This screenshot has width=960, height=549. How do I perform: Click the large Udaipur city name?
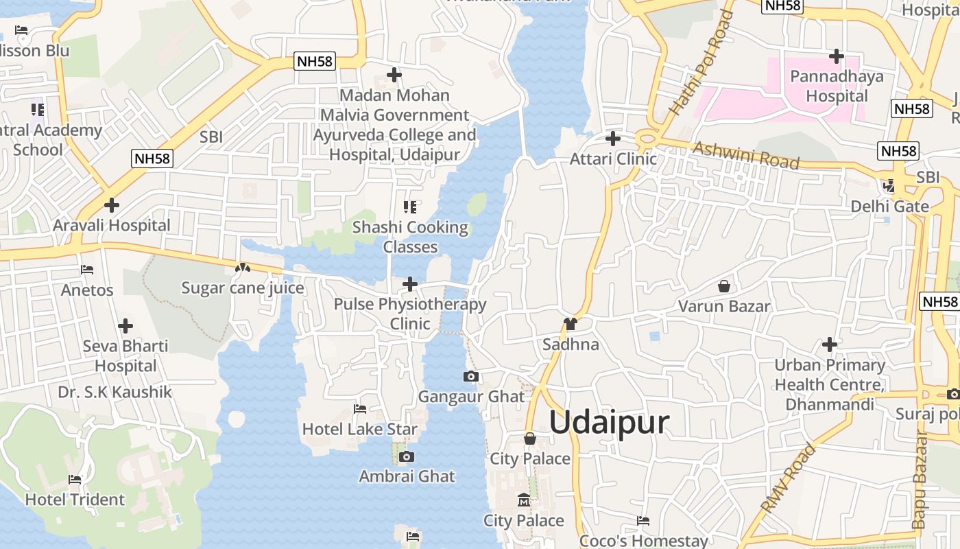tap(609, 422)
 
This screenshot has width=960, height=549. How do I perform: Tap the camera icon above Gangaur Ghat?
tap(471, 376)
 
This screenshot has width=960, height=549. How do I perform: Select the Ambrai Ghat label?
tap(407, 476)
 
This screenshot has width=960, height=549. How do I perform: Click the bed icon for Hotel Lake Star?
tap(360, 409)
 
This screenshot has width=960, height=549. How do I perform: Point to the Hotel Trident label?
tap(75, 500)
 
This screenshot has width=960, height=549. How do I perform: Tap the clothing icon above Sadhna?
tap(570, 323)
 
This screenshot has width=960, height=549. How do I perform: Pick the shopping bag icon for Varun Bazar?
tap(724, 285)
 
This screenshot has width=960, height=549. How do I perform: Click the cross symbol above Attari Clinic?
tap(613, 139)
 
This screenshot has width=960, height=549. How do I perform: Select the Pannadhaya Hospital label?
tap(837, 86)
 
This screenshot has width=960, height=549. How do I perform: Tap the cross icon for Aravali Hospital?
tap(111, 205)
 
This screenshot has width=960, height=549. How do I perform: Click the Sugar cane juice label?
tap(242, 288)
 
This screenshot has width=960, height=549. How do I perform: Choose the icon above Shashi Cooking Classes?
tap(410, 207)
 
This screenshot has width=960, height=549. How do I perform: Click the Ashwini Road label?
tap(746, 156)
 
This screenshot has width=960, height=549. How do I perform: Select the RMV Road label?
tap(789, 478)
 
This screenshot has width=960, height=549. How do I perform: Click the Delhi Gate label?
tap(889, 207)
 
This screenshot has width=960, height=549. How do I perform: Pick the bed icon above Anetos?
tap(87, 270)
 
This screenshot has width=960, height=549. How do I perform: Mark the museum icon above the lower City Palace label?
tap(524, 500)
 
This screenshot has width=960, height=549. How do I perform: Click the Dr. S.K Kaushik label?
tap(115, 393)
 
